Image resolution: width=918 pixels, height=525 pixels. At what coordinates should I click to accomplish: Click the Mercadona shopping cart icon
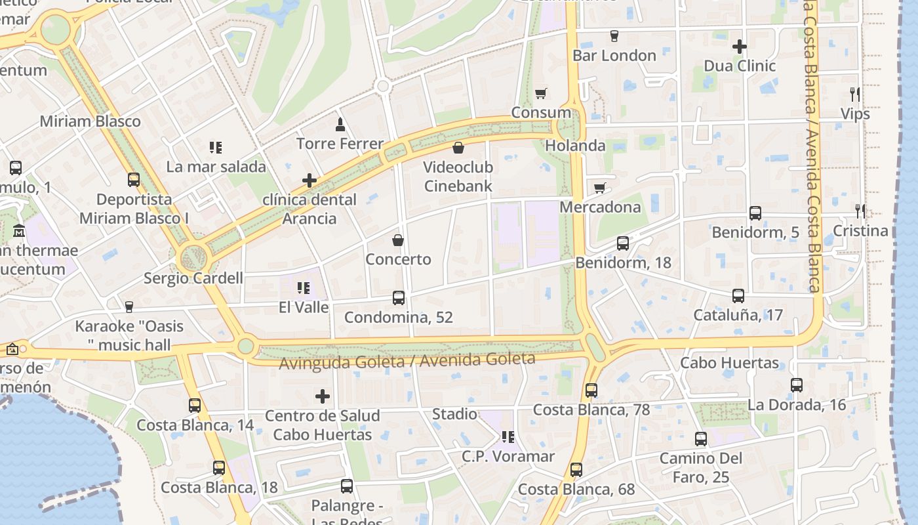(x=599, y=188)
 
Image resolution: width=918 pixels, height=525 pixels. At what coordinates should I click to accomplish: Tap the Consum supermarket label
(x=541, y=112)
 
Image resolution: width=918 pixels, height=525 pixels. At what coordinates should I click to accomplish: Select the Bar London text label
(x=614, y=56)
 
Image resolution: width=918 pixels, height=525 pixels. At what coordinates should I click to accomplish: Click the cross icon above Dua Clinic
(x=740, y=47)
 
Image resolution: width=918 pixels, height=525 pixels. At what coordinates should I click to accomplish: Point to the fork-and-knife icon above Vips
(x=854, y=94)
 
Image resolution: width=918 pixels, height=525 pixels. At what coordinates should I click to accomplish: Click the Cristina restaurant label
(x=860, y=231)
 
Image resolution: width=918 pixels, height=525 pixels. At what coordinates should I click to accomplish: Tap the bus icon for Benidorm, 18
(x=623, y=243)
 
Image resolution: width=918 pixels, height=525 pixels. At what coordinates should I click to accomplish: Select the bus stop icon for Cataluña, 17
(x=738, y=296)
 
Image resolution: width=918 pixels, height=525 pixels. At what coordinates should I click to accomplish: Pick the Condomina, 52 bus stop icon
(x=399, y=298)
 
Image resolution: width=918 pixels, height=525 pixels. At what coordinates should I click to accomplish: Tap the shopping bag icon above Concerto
(x=398, y=240)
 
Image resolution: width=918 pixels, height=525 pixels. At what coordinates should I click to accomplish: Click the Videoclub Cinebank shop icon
(x=458, y=148)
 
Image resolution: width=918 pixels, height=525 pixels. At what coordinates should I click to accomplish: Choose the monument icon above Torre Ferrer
(x=340, y=124)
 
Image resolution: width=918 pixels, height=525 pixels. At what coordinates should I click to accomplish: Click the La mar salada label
(x=216, y=167)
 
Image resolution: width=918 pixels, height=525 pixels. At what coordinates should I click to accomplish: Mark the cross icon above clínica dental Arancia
(x=309, y=180)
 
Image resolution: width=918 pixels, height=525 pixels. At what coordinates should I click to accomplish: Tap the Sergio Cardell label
(x=193, y=278)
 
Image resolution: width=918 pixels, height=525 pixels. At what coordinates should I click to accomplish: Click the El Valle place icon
(x=304, y=287)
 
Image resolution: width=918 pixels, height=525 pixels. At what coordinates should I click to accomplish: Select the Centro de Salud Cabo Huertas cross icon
(x=323, y=396)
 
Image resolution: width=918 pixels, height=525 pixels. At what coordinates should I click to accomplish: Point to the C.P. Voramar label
(x=508, y=456)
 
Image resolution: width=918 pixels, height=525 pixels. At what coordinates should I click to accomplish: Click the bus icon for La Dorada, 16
(x=797, y=385)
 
